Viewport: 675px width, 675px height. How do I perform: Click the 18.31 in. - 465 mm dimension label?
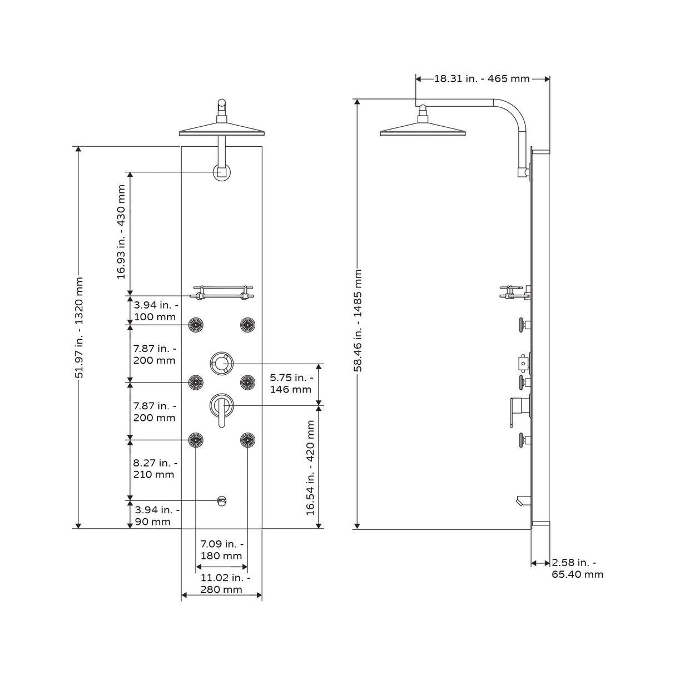pyautogui.click(x=482, y=78)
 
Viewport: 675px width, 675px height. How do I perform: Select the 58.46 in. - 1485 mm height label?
pyautogui.click(x=359, y=320)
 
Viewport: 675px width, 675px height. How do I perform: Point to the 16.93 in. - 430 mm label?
pyautogui.click(x=121, y=232)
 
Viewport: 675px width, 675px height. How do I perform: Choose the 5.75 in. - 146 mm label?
pyautogui.click(x=290, y=383)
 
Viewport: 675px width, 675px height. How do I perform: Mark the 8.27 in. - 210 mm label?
pyautogui.click(x=155, y=469)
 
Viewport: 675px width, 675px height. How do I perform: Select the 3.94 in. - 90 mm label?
pyautogui.click(x=155, y=515)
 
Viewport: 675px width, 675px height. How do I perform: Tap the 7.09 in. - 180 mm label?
pyautogui.click(x=221, y=549)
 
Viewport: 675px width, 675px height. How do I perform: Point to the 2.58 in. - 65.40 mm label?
pyautogui.click(x=577, y=569)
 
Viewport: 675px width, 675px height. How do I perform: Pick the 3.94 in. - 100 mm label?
pyautogui.click(x=155, y=311)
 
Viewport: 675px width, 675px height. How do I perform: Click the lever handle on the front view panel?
pyautogui.click(x=222, y=411)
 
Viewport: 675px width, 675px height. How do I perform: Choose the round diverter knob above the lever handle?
pyautogui.click(x=222, y=364)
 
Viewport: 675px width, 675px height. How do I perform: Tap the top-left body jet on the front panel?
pyautogui.click(x=196, y=324)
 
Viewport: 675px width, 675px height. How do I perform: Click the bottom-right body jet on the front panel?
pyautogui.click(x=247, y=440)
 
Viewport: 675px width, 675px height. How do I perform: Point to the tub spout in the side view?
pyautogui.click(x=521, y=502)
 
